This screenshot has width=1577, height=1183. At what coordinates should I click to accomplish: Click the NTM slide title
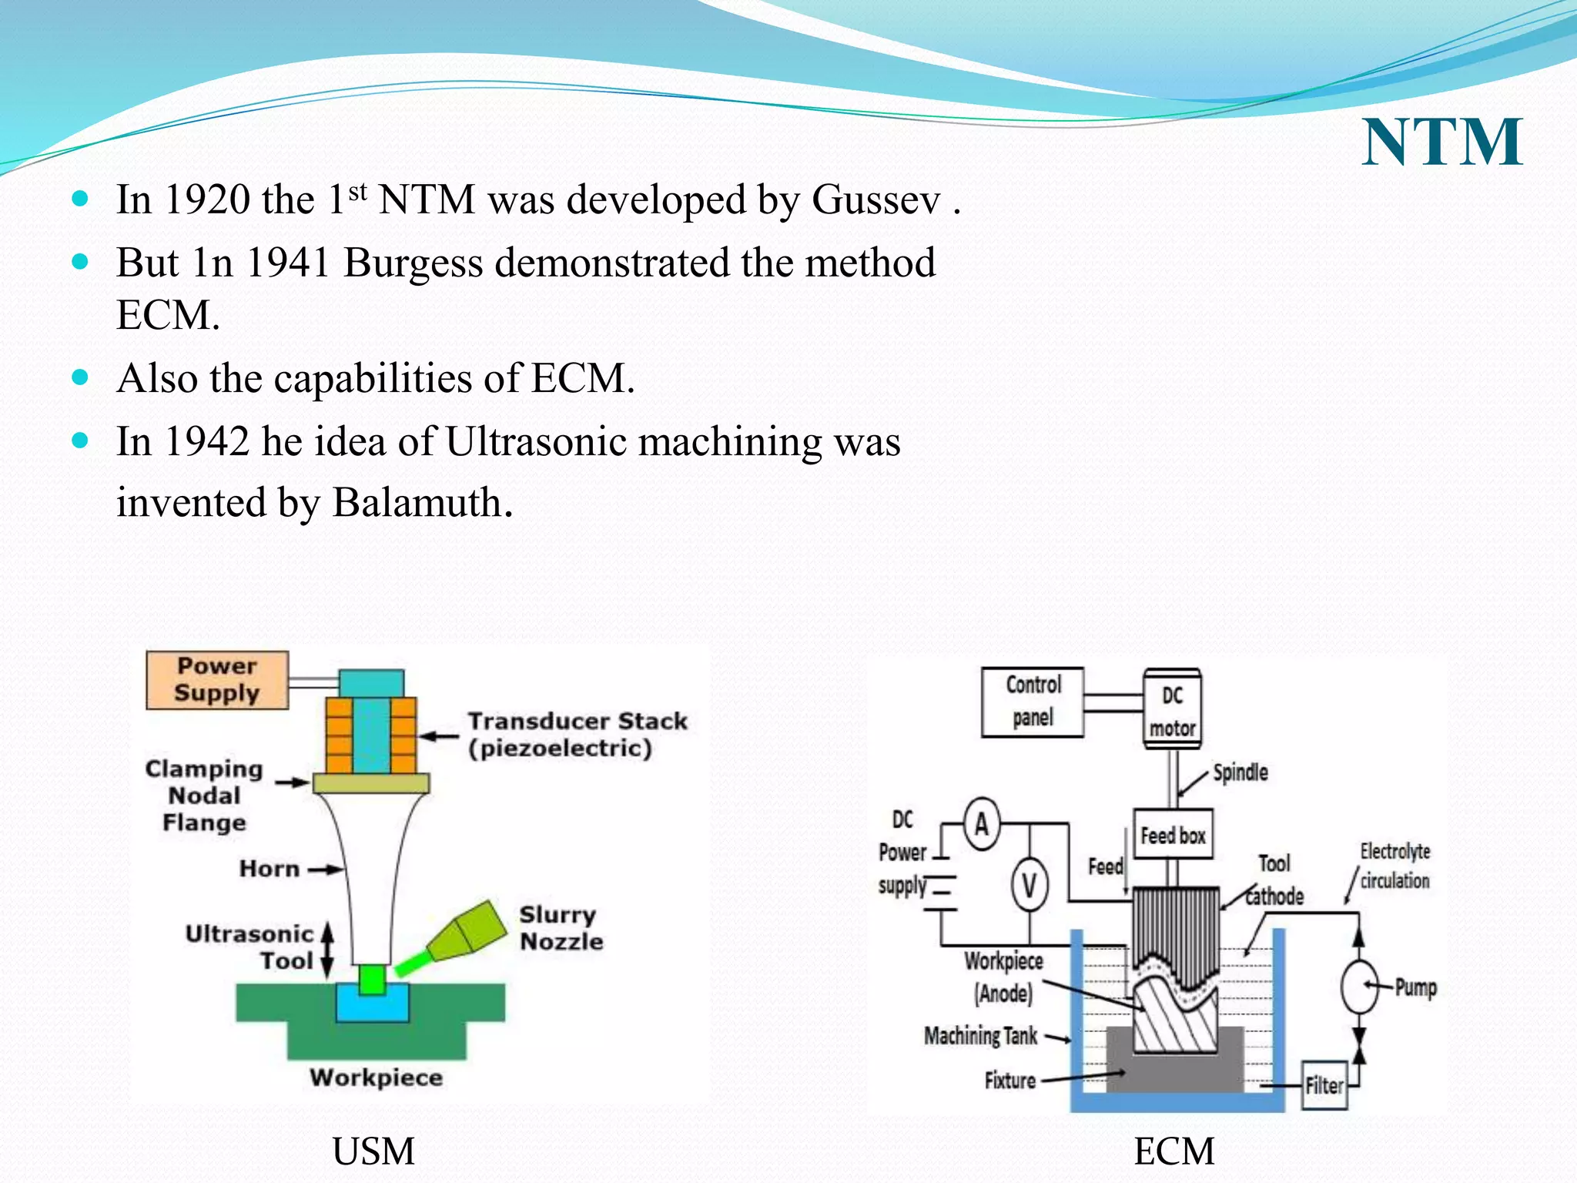pyautogui.click(x=1441, y=142)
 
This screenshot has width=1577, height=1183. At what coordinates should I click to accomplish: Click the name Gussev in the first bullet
pyautogui.click(x=876, y=200)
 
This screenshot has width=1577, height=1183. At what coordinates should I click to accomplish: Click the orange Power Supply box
pyautogui.click(x=217, y=680)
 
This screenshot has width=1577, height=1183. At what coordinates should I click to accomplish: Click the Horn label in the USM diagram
pyautogui.click(x=269, y=869)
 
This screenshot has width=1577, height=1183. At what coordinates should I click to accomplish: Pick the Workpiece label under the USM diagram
pyautogui.click(x=376, y=1077)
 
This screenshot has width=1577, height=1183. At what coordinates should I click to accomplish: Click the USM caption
pyautogui.click(x=373, y=1152)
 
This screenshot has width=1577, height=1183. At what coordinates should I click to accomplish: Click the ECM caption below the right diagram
pyautogui.click(x=1174, y=1152)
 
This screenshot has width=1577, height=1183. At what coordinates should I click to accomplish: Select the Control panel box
pyautogui.click(x=1033, y=702)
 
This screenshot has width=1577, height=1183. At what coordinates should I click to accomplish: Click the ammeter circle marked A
pyautogui.click(x=981, y=824)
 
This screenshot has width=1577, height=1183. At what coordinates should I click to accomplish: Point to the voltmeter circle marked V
pyautogui.click(x=1029, y=886)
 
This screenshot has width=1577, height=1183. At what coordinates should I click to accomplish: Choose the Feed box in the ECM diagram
pyautogui.click(x=1172, y=835)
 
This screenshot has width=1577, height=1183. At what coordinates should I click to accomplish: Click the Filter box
pyautogui.click(x=1323, y=1086)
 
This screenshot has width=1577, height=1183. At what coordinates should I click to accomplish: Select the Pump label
pyautogui.click(x=1415, y=987)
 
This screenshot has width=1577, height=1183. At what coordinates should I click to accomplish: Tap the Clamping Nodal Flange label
pyautogui.click(x=204, y=796)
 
